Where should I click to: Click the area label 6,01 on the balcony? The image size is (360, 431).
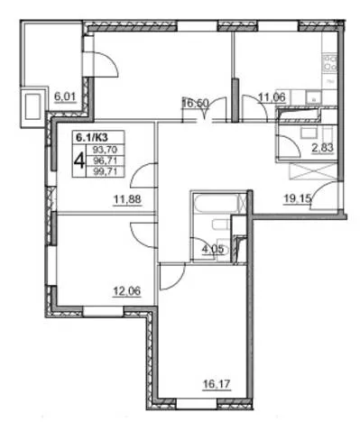point(65,96)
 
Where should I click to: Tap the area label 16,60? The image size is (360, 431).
point(195,104)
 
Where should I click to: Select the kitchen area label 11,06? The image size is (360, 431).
point(272,96)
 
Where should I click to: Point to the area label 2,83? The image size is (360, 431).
point(323,148)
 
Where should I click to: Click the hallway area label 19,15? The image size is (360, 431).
point(298,198)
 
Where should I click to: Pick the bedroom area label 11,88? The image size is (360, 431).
point(127,199)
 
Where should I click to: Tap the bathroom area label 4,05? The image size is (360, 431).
point(213,250)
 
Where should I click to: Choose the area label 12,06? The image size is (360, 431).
point(126,291)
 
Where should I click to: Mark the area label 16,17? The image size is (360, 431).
point(217,384)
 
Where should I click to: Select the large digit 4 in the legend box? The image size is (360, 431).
point(79,160)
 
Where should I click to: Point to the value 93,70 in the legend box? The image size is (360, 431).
point(105,150)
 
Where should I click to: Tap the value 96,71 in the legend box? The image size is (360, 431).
point(105,160)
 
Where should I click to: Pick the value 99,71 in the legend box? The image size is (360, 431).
point(105,171)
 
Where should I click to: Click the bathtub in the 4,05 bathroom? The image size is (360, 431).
point(217,203)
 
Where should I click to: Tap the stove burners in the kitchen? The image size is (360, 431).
point(329,62)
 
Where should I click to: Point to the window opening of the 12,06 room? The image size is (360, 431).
point(103,311)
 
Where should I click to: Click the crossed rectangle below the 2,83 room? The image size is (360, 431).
point(313,171)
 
